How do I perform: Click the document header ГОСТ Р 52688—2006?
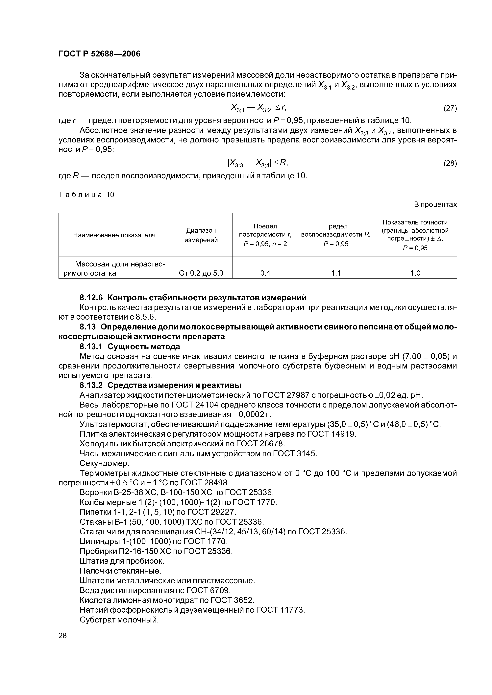pos(99,54)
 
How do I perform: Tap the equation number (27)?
pos(450,108)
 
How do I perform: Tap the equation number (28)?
pos(450,163)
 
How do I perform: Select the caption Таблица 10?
pos(86,195)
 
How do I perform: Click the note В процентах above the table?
pos(435,205)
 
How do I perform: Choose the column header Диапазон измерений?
pos(201,235)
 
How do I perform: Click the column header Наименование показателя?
pos(114,235)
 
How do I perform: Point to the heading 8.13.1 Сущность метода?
pos(130,347)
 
